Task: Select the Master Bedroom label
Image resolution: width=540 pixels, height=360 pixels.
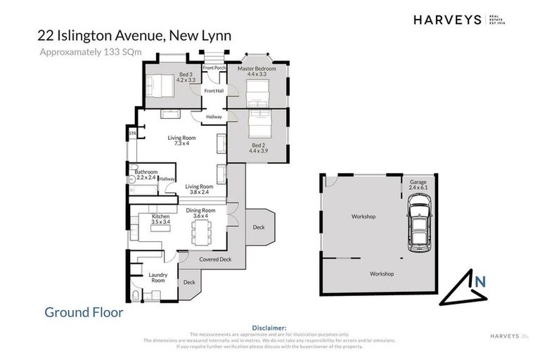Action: click(257, 69)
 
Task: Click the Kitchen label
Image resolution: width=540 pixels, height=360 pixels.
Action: click(161, 217)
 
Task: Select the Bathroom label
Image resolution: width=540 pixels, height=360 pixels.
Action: click(146, 172)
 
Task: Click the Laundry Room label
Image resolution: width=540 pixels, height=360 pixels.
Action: click(158, 277)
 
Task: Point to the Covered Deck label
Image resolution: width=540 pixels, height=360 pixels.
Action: click(215, 259)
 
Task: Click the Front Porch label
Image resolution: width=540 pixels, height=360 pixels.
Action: click(214, 67)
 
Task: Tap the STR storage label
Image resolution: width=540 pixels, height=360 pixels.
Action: click(131, 133)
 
